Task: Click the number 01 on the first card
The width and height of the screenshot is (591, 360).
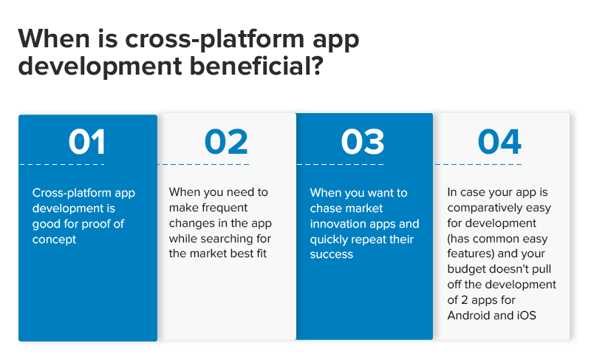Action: (x=86, y=142)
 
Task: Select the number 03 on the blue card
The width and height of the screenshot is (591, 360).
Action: (x=363, y=142)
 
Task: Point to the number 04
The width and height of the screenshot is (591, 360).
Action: (x=499, y=142)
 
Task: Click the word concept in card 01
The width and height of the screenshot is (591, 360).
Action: (x=54, y=240)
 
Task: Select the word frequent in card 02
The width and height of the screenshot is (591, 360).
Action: (x=222, y=208)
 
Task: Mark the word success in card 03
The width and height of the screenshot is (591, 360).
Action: (x=332, y=255)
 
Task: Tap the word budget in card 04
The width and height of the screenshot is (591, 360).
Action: (x=465, y=270)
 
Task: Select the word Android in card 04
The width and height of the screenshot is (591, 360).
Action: (x=470, y=316)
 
